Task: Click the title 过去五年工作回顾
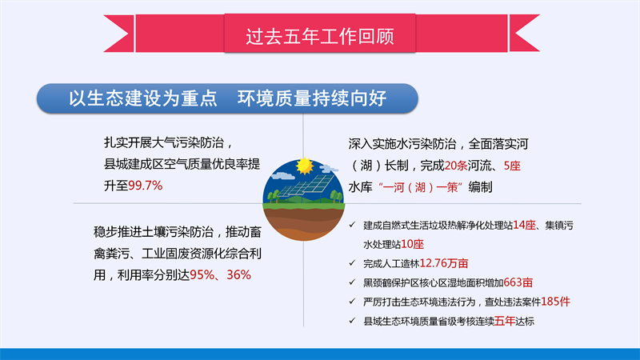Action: tap(319, 36)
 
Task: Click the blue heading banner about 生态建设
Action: tap(227, 98)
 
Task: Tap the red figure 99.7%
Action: tap(146, 186)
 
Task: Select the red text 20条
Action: tap(456, 166)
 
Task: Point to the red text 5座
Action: tap(512, 166)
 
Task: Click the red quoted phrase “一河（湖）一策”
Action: tap(421, 187)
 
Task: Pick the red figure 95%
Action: tap(202, 275)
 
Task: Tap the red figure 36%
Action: tap(238, 275)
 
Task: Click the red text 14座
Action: tap(524, 225)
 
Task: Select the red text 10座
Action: tap(412, 244)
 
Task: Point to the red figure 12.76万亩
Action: tap(444, 263)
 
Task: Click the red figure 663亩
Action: tap(518, 282)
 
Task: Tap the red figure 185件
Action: tap(555, 302)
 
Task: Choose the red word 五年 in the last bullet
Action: tap(505, 322)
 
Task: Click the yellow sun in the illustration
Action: tap(304, 166)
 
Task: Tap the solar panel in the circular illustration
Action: tap(306, 186)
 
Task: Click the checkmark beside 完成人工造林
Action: tap(352, 263)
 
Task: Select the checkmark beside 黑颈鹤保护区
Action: tap(352, 282)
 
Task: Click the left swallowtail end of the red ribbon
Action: tap(118, 34)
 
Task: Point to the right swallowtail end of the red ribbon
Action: tap(524, 34)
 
